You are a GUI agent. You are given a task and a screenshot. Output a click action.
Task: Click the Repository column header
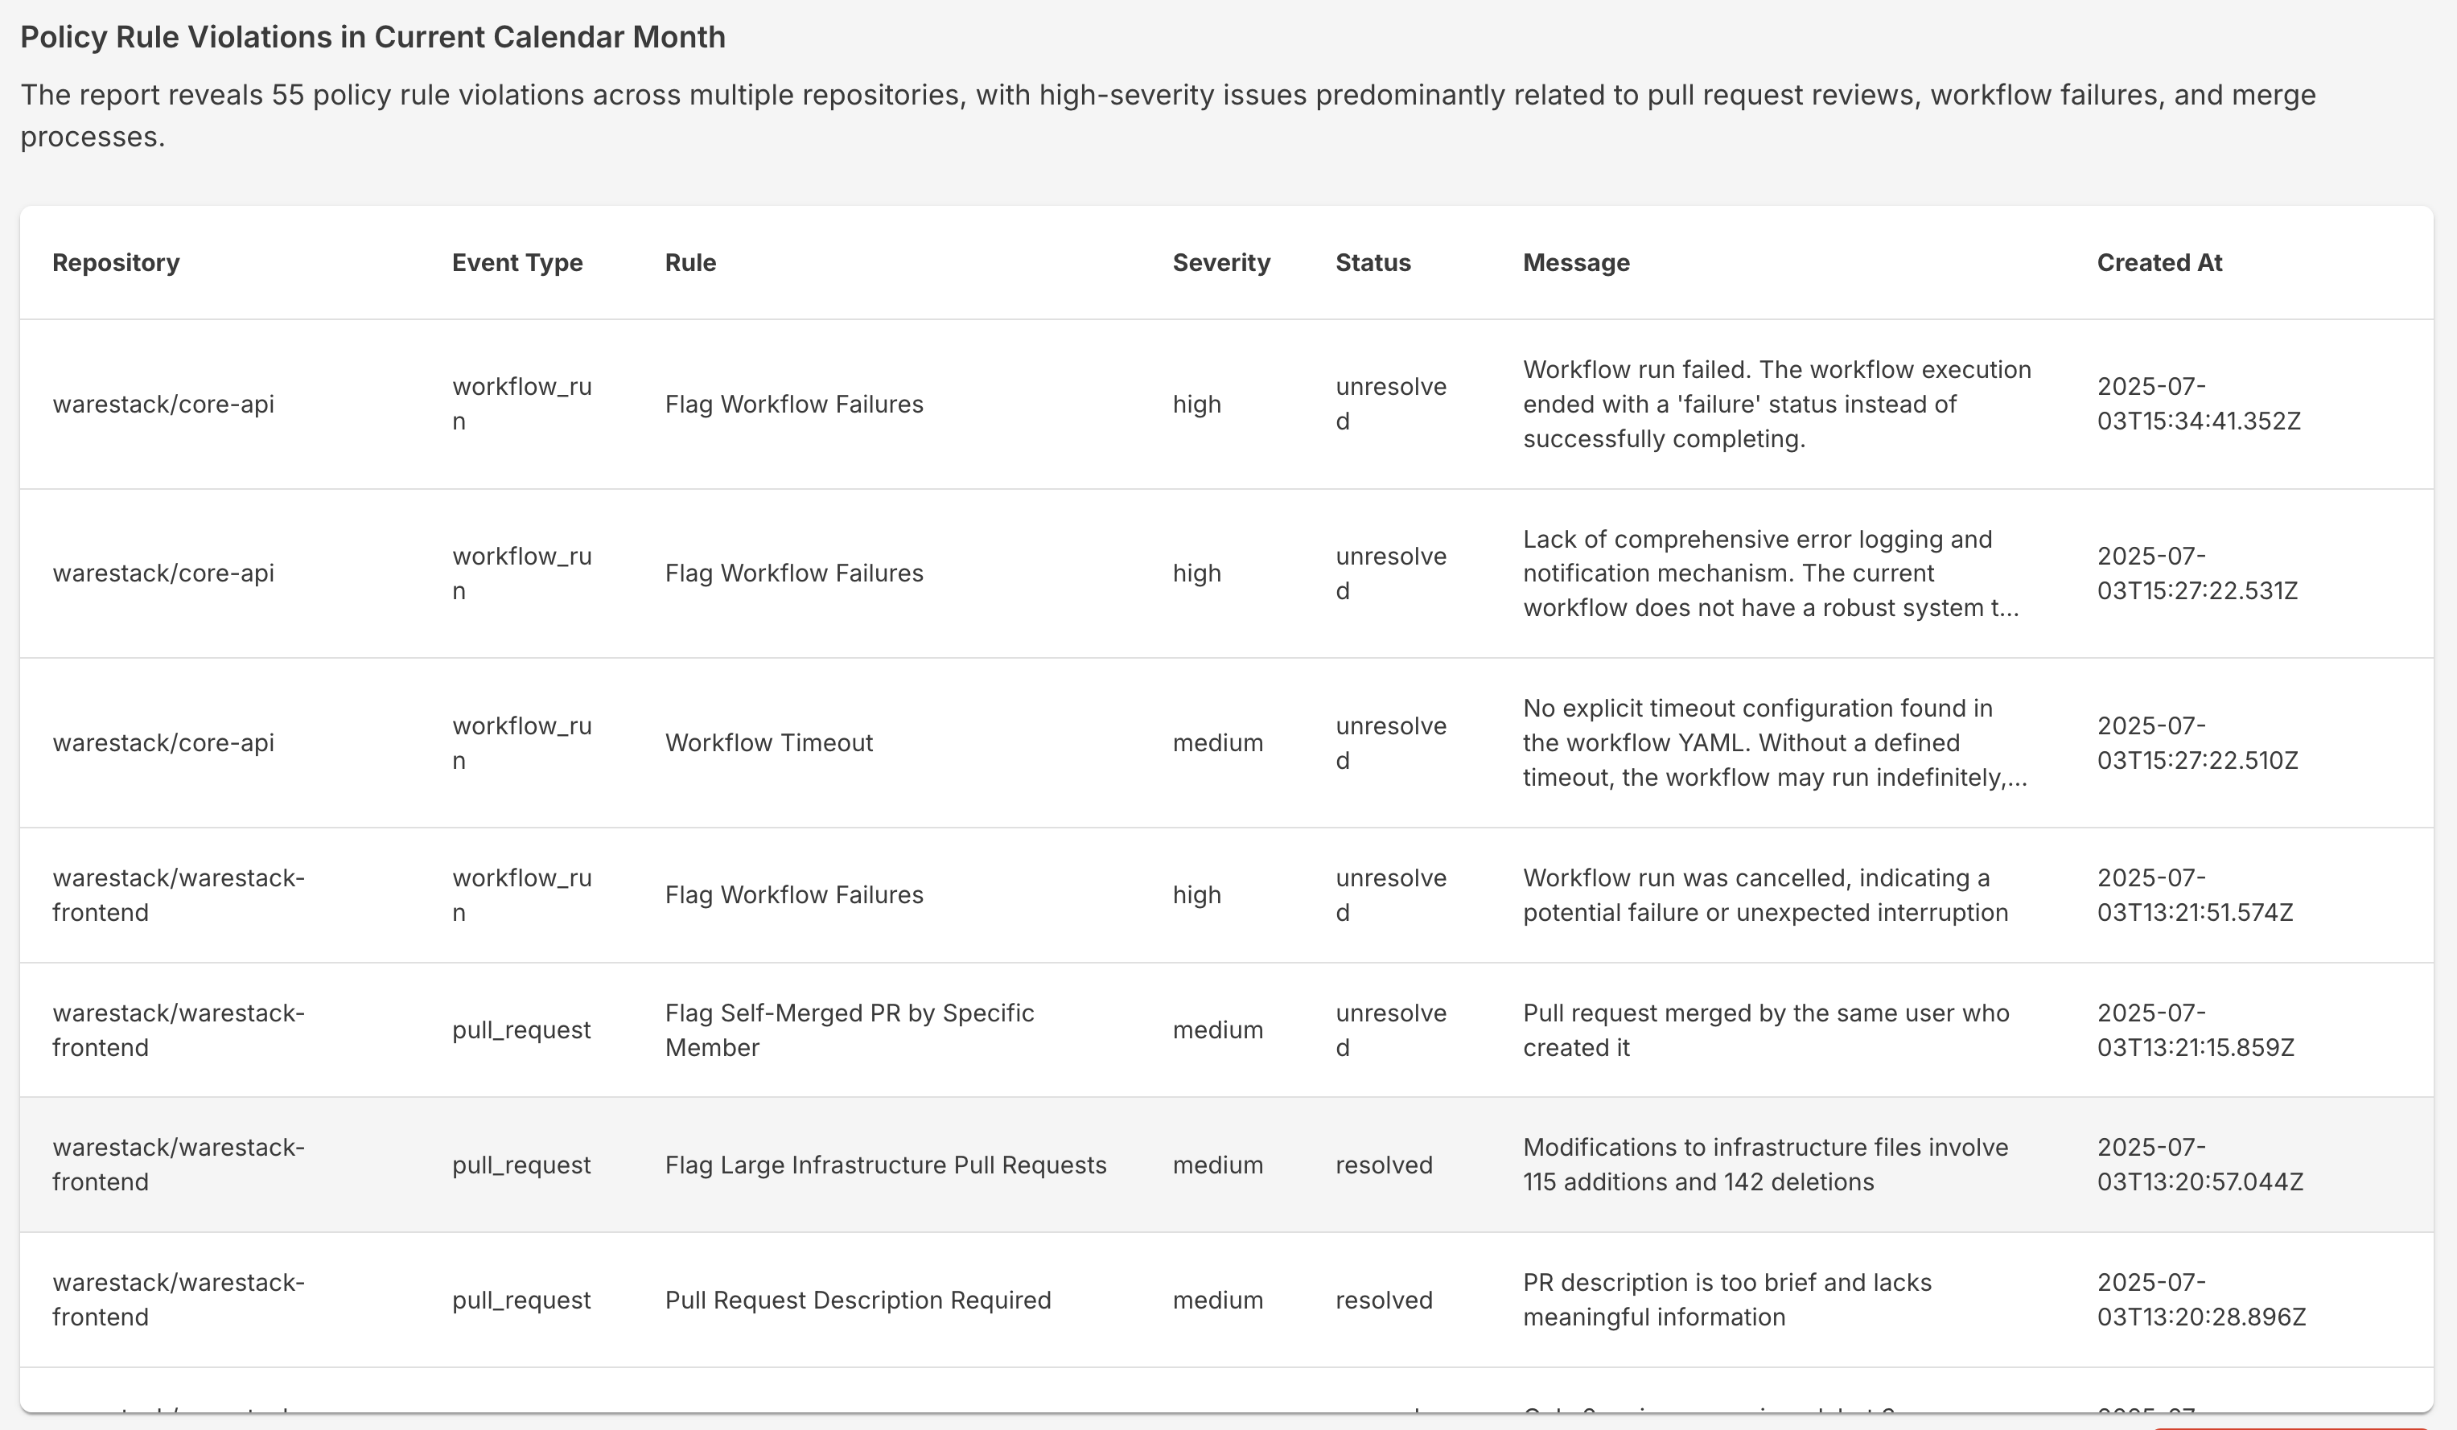(116, 262)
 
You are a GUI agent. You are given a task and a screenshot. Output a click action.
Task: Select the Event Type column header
(517, 262)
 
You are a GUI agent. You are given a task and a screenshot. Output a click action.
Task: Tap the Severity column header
(1220, 262)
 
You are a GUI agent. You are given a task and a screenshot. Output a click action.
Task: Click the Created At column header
(2159, 262)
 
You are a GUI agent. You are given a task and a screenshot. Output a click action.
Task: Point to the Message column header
(1575, 262)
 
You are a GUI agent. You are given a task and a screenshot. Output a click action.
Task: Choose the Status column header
(1373, 262)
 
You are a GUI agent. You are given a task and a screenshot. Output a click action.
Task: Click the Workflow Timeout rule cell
(768, 743)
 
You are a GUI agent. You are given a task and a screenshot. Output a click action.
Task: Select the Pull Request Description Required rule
(857, 1300)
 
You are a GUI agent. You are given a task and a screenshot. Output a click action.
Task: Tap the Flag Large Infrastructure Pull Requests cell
(885, 1165)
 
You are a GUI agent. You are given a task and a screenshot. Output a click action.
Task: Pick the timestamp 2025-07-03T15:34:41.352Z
(2198, 404)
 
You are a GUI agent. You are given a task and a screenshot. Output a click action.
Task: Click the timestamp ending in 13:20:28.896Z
(2200, 1300)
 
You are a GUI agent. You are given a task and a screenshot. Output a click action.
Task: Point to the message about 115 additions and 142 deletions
(1765, 1165)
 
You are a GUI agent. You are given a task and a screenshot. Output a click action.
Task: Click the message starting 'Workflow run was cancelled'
(1765, 895)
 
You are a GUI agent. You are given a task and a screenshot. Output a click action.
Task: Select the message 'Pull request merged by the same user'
(1765, 1030)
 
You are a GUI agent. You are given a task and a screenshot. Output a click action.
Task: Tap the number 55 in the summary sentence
(288, 96)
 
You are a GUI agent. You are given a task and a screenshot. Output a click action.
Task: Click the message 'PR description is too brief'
(1726, 1300)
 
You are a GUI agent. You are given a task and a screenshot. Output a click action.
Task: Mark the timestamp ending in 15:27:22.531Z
(2196, 573)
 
